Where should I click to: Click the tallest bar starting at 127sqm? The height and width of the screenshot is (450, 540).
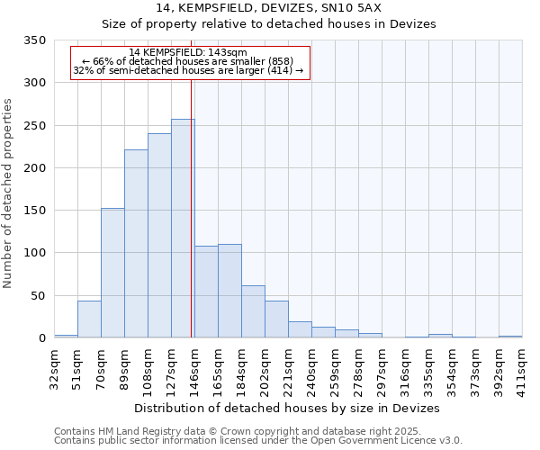tap(183, 229)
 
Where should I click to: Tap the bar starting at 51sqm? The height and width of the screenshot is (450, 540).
tap(89, 319)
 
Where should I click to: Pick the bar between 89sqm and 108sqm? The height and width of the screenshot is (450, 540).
tap(136, 244)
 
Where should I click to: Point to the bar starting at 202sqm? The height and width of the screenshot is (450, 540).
tap(276, 319)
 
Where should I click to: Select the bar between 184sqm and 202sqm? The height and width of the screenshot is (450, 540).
tap(253, 311)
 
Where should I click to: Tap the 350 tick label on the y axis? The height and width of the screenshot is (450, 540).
tap(34, 40)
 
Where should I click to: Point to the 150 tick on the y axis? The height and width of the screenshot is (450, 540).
tap(34, 211)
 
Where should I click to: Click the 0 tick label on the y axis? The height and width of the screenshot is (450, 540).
tap(41, 338)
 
